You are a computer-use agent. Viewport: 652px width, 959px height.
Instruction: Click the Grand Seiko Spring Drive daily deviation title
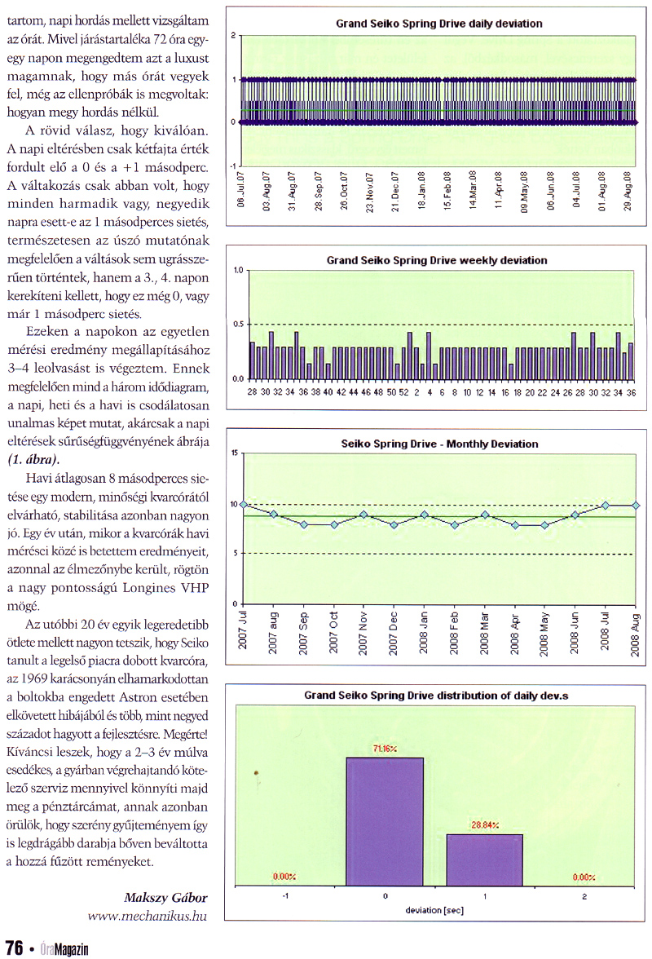click(x=439, y=24)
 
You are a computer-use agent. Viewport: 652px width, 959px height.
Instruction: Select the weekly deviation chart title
click(x=437, y=260)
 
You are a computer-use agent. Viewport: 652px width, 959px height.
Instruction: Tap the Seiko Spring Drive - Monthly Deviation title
click(x=439, y=444)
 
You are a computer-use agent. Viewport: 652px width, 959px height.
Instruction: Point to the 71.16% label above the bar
click(x=385, y=749)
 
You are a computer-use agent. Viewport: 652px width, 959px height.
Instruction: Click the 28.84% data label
click(x=484, y=824)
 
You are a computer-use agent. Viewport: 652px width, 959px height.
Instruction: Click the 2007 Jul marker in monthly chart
click(x=244, y=505)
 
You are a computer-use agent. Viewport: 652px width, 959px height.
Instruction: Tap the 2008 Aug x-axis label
click(x=636, y=633)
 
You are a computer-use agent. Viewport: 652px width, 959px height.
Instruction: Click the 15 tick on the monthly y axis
click(x=234, y=453)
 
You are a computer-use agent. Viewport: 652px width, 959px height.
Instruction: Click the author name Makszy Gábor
click(x=166, y=897)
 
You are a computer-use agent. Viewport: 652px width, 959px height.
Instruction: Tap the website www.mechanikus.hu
click(x=148, y=916)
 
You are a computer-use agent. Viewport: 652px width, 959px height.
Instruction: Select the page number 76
click(x=14, y=947)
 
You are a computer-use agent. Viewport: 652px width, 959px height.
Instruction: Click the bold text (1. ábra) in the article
click(x=30, y=459)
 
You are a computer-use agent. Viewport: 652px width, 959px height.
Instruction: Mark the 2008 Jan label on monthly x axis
click(x=425, y=633)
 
